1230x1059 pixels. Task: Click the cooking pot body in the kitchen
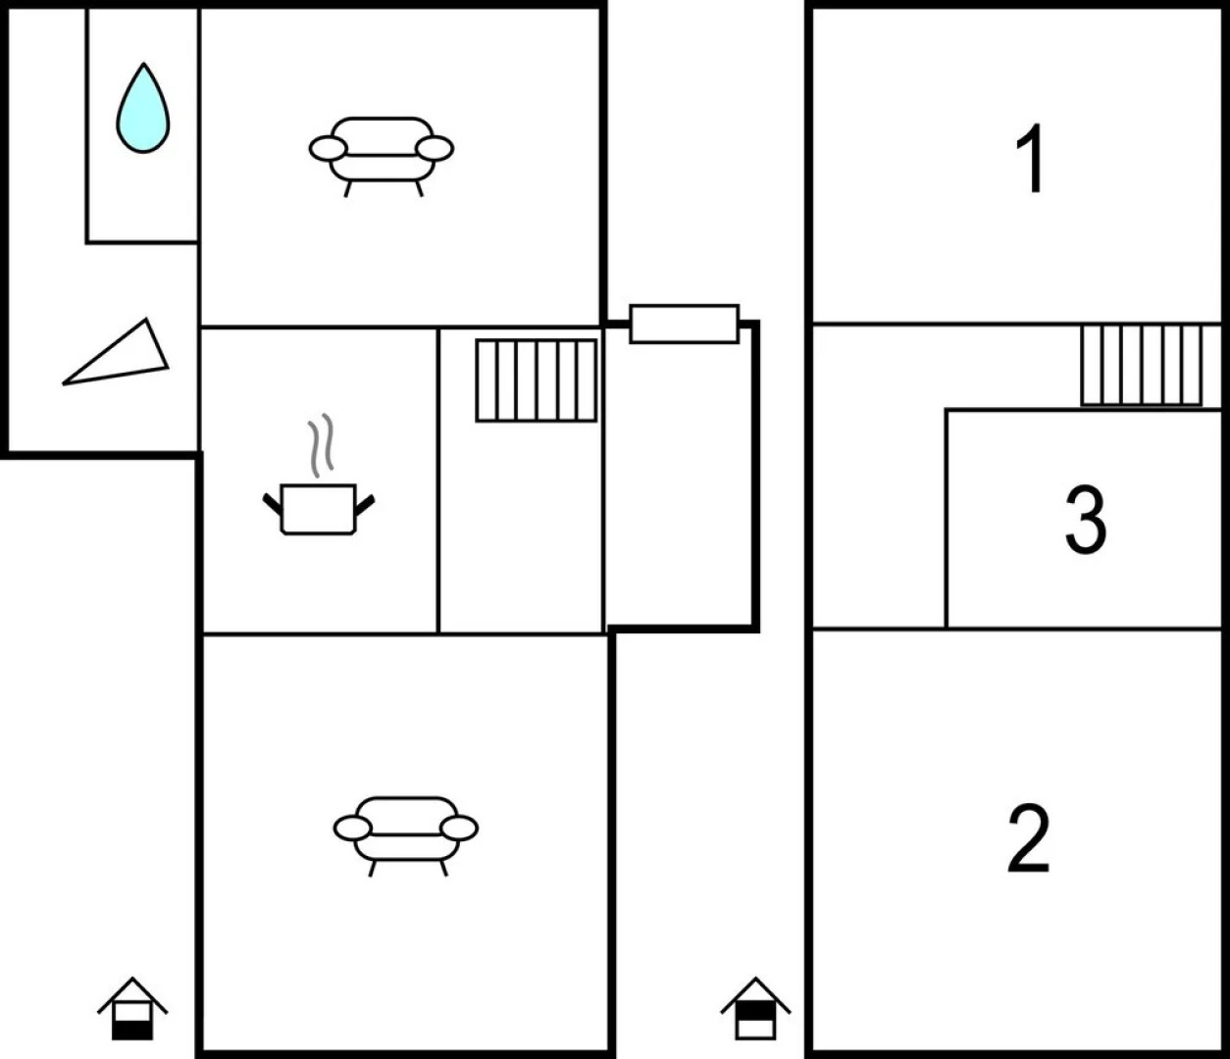pos(319,509)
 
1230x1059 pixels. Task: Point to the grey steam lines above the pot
pos(320,445)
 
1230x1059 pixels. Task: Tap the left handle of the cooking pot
pos(273,503)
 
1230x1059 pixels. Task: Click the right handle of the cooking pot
pos(365,505)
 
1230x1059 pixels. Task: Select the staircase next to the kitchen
pos(537,380)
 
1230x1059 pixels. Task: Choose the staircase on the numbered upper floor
pos(1142,365)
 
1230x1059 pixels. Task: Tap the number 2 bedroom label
pos(1028,838)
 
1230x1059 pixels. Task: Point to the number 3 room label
pos(1086,521)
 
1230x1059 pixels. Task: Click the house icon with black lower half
pos(132,1008)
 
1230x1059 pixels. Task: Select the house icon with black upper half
pos(755,1008)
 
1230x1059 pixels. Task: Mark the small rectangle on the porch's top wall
pos(685,324)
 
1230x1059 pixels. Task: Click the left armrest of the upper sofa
pos(328,149)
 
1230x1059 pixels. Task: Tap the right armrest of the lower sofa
pos(459,829)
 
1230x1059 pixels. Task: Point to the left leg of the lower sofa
pos(372,869)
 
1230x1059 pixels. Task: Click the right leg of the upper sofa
pos(419,188)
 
